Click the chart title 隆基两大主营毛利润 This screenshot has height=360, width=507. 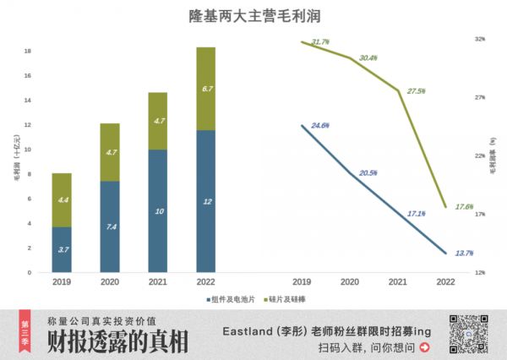pos(253,16)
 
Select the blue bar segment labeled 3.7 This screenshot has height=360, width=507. pos(62,249)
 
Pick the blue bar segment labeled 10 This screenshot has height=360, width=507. pos(158,211)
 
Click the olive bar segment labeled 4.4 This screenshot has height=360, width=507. pos(62,200)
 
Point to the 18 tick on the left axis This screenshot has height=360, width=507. pos(29,52)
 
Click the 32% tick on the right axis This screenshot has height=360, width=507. pos(480,39)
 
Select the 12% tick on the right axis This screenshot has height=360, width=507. pos(480,272)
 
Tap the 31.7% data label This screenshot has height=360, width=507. pos(320,41)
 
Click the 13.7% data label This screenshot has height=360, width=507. pos(464,253)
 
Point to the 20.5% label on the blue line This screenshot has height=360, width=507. pos(368,173)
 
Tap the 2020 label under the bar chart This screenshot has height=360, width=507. pos(110,282)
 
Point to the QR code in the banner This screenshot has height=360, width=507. pos(471,334)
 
